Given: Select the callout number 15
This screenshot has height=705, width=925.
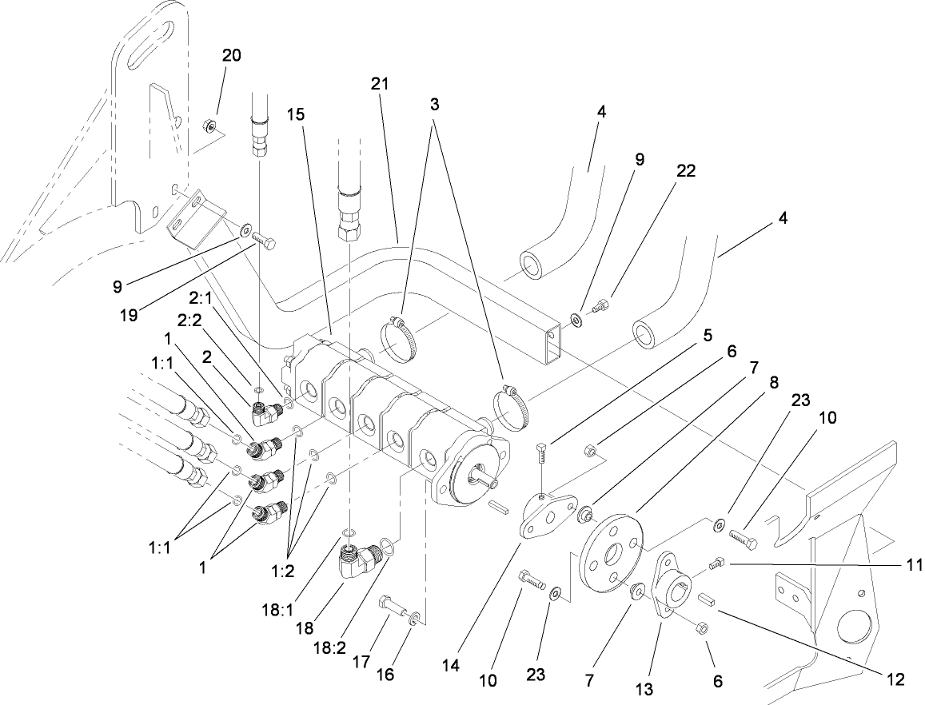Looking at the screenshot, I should tap(296, 114).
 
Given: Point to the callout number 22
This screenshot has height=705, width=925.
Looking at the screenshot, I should tap(685, 170).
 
